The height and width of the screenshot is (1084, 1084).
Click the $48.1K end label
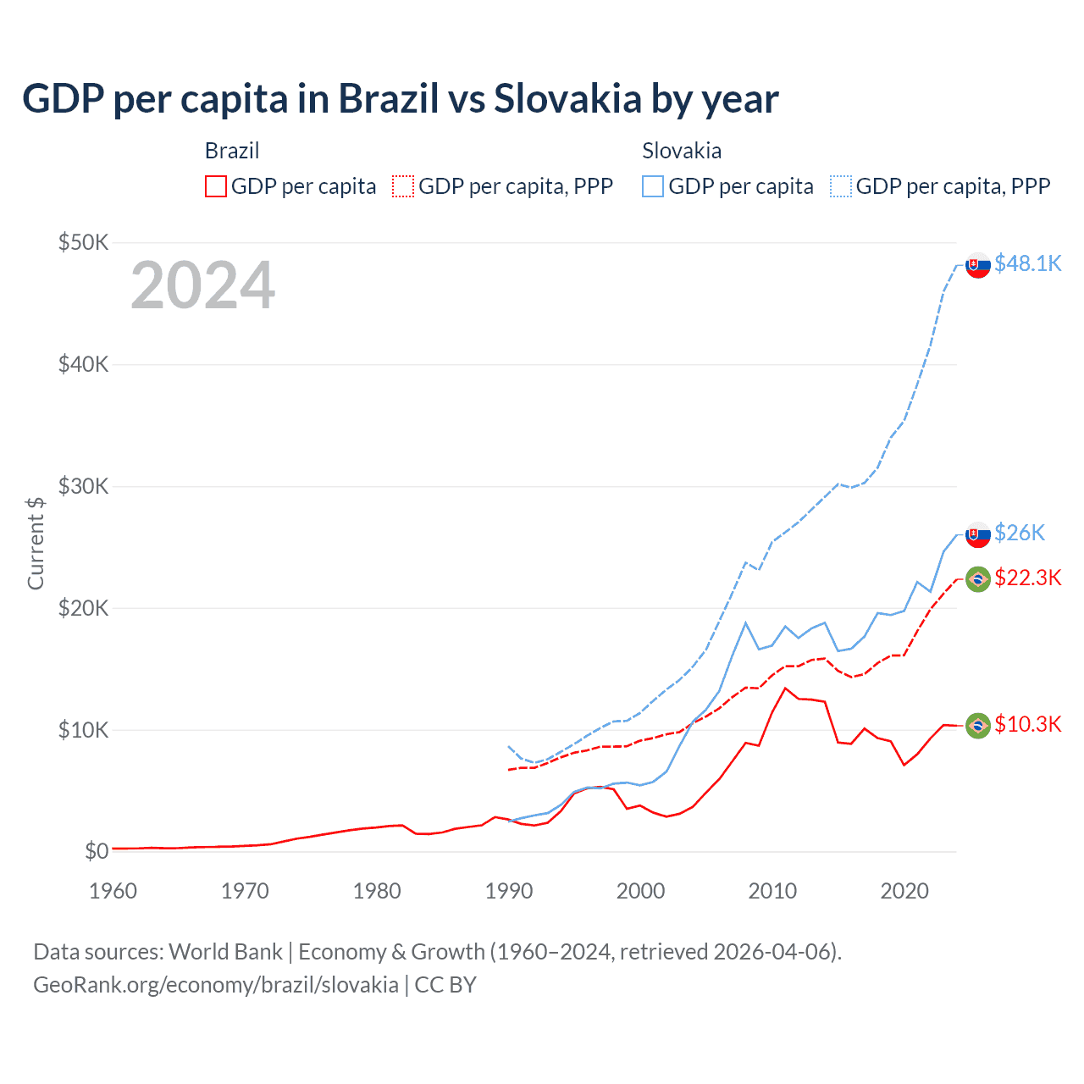(x=1027, y=264)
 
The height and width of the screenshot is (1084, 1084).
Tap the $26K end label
(x=1020, y=533)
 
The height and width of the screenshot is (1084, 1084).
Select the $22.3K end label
(x=1027, y=578)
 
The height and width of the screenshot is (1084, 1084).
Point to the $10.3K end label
(x=1027, y=724)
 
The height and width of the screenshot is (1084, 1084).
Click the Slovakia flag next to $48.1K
(x=978, y=265)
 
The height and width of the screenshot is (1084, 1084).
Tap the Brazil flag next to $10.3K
(x=978, y=725)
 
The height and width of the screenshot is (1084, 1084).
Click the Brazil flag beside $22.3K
(x=978, y=579)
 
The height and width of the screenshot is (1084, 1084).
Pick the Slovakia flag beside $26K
(x=978, y=534)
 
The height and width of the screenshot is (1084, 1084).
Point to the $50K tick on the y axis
(x=83, y=243)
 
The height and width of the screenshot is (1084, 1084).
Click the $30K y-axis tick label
(x=83, y=487)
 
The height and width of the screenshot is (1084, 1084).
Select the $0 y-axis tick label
(x=97, y=852)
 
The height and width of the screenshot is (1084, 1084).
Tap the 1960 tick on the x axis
(x=113, y=891)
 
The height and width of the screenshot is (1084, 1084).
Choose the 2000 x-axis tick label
(x=640, y=891)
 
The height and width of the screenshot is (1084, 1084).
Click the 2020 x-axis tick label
(x=904, y=891)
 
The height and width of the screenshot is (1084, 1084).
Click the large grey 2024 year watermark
(x=202, y=286)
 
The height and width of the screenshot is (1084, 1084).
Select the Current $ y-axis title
(x=36, y=543)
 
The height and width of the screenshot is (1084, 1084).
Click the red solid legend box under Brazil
(x=216, y=186)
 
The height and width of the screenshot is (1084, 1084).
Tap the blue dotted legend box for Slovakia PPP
(x=841, y=186)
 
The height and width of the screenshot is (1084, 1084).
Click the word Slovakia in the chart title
(x=567, y=99)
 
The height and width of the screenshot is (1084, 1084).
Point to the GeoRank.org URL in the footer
(x=216, y=985)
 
